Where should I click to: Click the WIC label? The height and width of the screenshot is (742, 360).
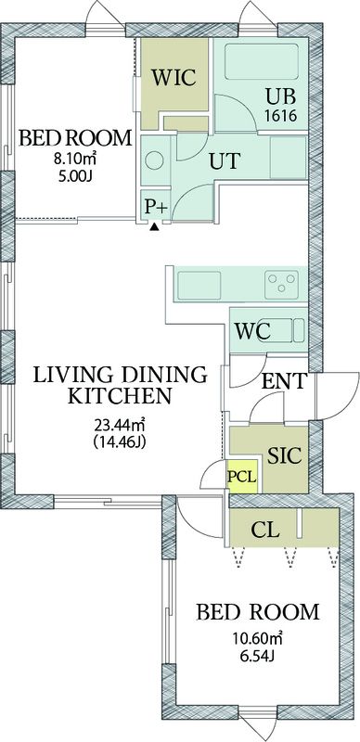click(x=174, y=78)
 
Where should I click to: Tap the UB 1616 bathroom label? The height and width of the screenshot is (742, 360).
click(x=281, y=106)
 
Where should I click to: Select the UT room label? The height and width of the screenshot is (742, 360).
click(x=225, y=161)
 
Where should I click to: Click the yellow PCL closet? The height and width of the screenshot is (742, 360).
click(x=243, y=476)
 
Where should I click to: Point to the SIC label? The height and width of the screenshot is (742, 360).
click(x=284, y=455)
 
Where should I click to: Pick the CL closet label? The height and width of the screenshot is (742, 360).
click(x=264, y=531)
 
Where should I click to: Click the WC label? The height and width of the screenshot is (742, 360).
click(x=253, y=332)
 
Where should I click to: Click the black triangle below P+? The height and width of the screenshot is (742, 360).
click(x=153, y=227)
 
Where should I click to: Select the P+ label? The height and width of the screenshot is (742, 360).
click(x=157, y=206)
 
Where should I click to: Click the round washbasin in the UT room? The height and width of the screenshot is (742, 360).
click(x=154, y=160)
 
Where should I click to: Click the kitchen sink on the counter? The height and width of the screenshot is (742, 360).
click(x=199, y=286)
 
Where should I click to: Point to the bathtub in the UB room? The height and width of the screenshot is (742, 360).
click(x=261, y=61)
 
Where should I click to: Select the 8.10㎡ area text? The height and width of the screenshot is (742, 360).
click(x=75, y=159)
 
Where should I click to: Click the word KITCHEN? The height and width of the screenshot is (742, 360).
click(x=120, y=396)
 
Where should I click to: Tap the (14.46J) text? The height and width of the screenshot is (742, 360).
click(x=119, y=442)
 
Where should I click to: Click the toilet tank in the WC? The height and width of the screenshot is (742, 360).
click(x=299, y=330)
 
